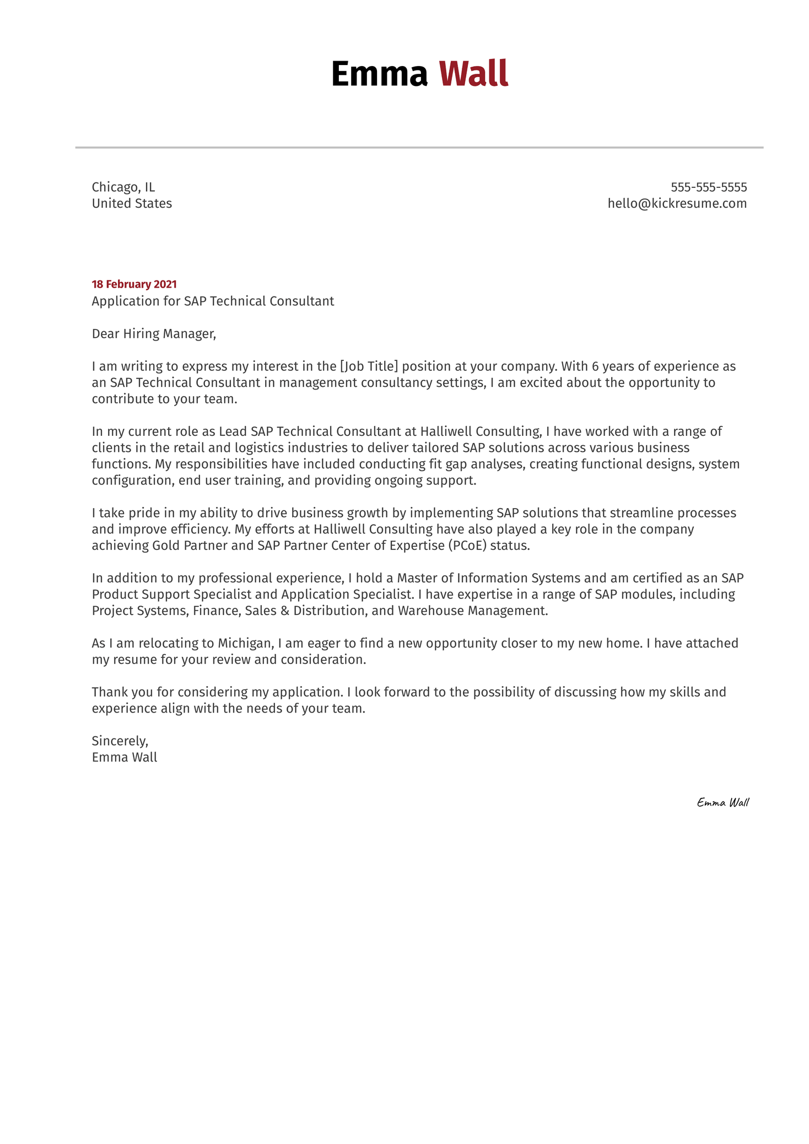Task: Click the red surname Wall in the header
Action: tap(473, 74)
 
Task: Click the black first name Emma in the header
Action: tap(379, 74)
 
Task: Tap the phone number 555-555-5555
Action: tap(708, 187)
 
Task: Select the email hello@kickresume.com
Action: tap(677, 203)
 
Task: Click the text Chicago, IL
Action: tap(123, 187)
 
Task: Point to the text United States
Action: tap(132, 203)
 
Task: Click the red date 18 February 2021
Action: tap(134, 284)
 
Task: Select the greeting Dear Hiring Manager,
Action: tap(154, 333)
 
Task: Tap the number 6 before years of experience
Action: tap(595, 366)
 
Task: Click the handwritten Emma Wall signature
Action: tap(722, 802)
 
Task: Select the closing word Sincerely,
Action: tap(120, 741)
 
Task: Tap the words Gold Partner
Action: tap(195, 546)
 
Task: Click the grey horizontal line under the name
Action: tap(419, 148)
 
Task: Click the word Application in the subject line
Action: tap(124, 301)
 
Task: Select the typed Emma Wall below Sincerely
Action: tap(125, 757)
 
